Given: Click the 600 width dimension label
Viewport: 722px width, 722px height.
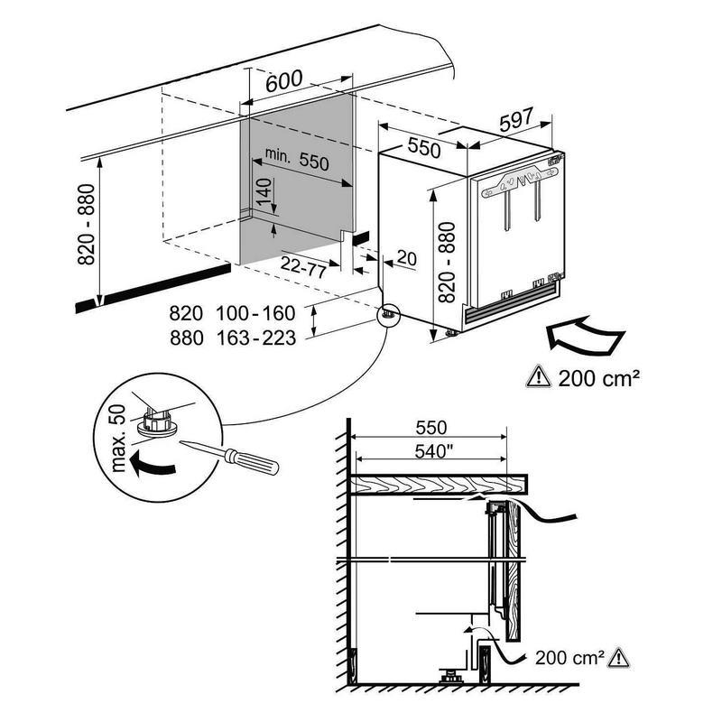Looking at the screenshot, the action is click(284, 81).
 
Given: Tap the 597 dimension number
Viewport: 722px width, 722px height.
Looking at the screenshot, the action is click(516, 119).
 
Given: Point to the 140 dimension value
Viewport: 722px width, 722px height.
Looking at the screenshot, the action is click(264, 192).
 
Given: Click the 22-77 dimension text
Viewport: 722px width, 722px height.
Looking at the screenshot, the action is click(303, 266).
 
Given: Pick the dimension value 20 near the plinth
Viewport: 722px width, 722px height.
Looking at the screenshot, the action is click(407, 258).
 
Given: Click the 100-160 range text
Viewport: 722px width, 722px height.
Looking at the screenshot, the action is click(255, 313).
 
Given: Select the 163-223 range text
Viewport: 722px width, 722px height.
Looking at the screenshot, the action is click(255, 338).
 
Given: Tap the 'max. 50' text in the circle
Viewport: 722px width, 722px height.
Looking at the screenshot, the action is click(118, 438).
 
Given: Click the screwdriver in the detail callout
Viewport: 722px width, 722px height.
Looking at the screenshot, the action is click(229, 458).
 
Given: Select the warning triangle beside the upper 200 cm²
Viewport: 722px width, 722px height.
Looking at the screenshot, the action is click(538, 375).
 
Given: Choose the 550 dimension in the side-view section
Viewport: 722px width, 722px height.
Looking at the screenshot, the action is click(431, 427).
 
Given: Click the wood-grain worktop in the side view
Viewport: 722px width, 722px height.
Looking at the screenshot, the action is click(439, 484).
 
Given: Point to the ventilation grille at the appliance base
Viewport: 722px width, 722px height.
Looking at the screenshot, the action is click(510, 303).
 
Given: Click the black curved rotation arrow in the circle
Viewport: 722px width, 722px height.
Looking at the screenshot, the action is click(152, 464).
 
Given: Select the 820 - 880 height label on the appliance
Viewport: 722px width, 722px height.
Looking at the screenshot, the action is click(447, 262).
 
